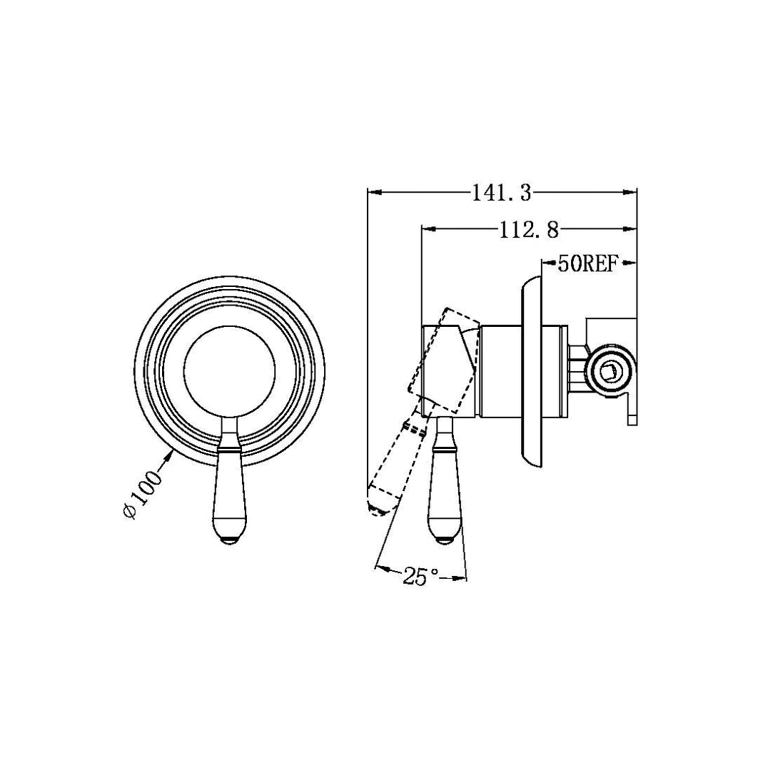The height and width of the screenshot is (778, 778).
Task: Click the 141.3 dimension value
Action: click(502, 192)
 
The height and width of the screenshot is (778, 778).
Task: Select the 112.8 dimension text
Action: click(529, 229)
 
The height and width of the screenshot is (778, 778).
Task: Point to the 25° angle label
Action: click(421, 577)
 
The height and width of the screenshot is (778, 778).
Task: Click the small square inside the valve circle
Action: click(609, 370)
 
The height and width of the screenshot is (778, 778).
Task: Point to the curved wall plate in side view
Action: click(530, 370)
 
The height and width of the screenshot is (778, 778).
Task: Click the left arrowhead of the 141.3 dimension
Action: click(373, 192)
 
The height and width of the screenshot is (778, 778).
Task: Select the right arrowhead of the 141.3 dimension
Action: click(630, 192)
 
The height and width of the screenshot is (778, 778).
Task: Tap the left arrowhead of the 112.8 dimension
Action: click(429, 229)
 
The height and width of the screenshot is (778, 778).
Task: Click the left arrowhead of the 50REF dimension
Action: click(547, 265)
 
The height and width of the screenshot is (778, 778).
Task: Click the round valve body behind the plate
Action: click(609, 370)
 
